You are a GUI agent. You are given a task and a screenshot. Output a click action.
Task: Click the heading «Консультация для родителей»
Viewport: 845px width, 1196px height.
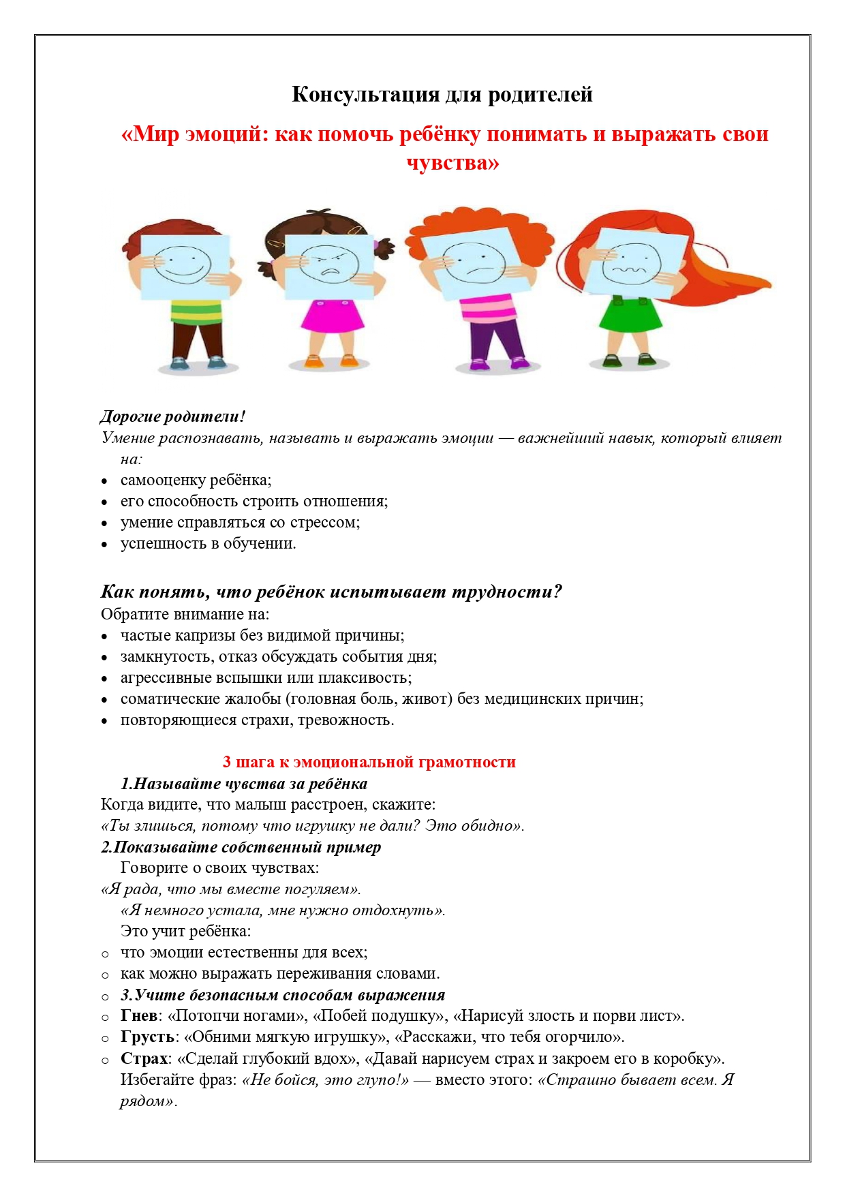pos(442,94)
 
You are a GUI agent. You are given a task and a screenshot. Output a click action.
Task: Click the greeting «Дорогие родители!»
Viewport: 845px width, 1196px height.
pos(172,416)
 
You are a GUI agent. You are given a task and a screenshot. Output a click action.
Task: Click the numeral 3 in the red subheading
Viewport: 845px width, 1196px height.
pos(227,762)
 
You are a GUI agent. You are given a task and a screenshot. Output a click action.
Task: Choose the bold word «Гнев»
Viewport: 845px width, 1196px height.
pos(139,1016)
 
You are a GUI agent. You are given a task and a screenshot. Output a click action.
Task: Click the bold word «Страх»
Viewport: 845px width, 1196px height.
pos(144,1059)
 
